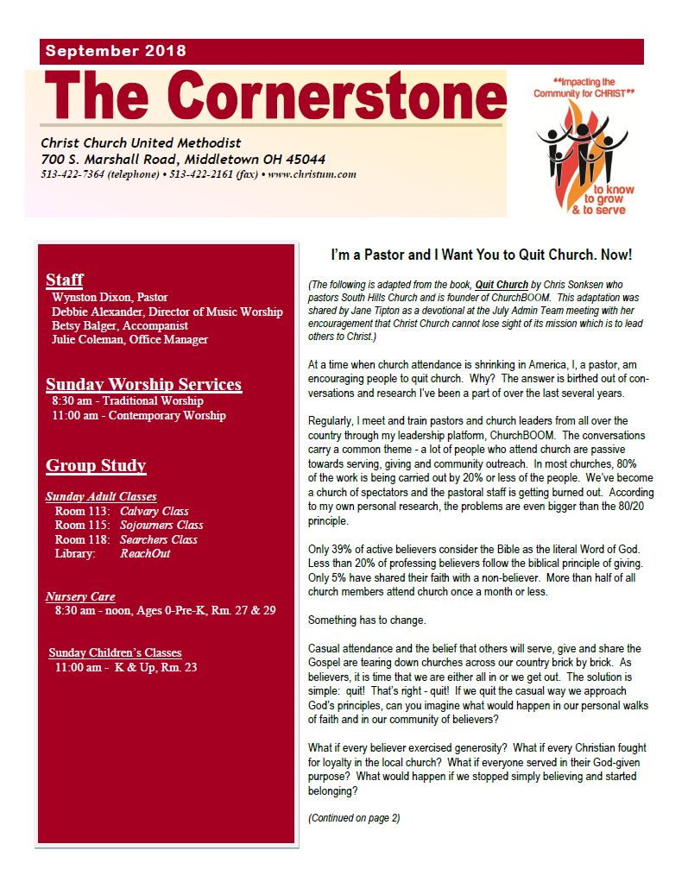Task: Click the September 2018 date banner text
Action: point(116,51)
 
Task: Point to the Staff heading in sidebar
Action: point(65,280)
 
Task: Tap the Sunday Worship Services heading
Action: point(143,384)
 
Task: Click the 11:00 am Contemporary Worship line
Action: point(139,415)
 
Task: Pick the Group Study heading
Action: point(96,466)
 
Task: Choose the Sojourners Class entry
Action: point(161,525)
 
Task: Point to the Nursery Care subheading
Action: point(80,596)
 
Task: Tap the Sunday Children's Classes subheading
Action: point(115,652)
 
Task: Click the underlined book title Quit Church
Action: point(501,285)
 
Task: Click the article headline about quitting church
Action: point(482,255)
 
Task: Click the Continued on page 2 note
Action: point(354,818)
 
